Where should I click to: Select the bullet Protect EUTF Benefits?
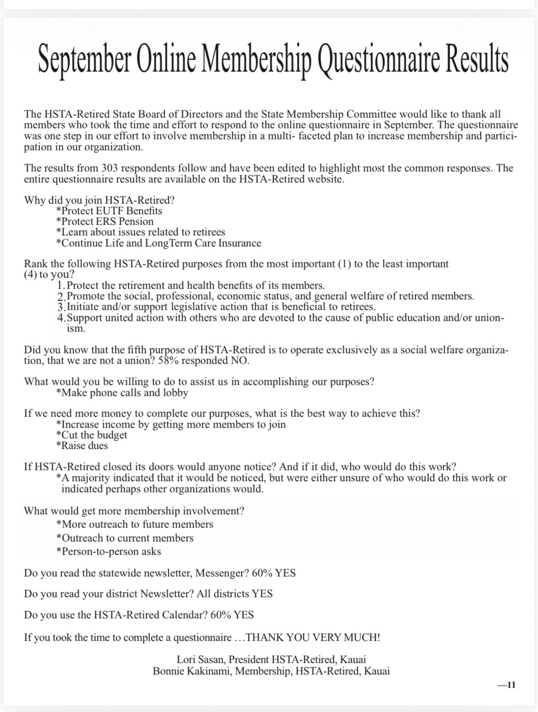(x=109, y=211)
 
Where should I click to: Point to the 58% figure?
(x=168, y=360)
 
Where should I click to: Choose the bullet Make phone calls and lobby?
(x=122, y=393)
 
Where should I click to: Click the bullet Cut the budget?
(x=92, y=435)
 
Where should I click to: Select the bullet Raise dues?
(x=82, y=446)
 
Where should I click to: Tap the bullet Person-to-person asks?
(x=109, y=551)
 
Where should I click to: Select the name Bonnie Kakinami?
(x=193, y=671)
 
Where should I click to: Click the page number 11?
(x=509, y=685)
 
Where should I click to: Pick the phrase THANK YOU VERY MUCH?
(x=313, y=637)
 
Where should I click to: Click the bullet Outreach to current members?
(x=125, y=538)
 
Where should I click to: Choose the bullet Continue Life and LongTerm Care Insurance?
(x=159, y=243)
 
